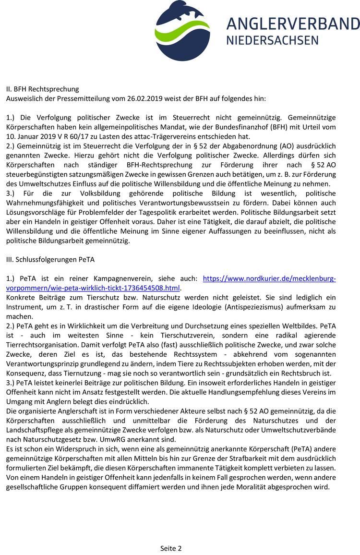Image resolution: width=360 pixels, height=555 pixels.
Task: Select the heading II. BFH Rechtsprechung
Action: pos(42,89)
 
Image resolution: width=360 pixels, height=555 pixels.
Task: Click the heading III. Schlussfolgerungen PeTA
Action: pos(50,259)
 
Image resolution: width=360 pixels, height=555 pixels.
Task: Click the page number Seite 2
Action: pos(171,548)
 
